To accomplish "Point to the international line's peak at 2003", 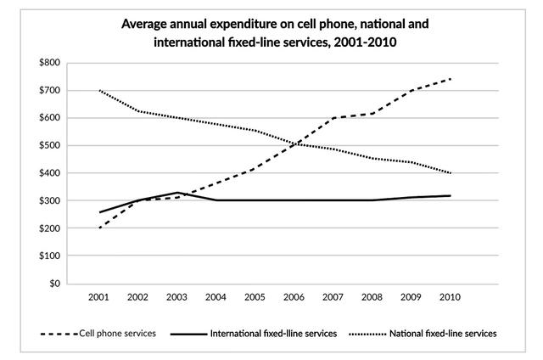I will (176, 193).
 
